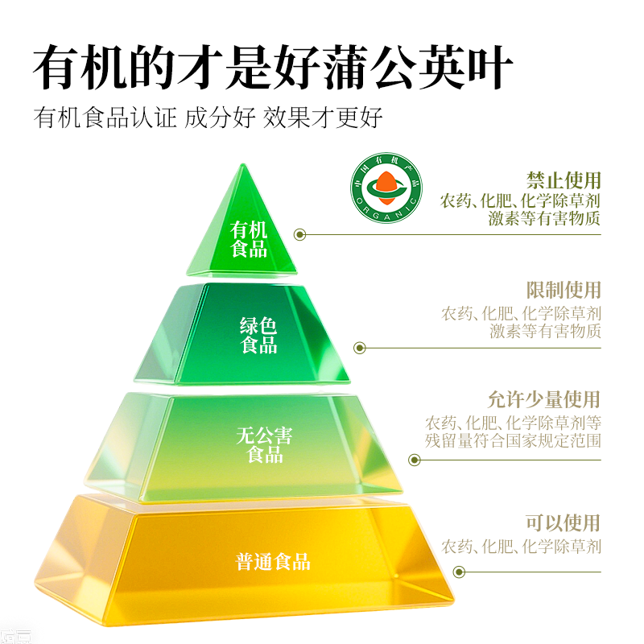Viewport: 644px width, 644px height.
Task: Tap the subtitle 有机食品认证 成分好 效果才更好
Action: coord(208,118)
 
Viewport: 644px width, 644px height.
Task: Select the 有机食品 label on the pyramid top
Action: coord(249,239)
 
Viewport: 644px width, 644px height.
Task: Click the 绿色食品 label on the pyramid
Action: coord(258,336)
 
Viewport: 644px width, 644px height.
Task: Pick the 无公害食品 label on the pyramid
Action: coord(263,446)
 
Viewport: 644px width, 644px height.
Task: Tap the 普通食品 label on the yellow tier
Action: coord(273,562)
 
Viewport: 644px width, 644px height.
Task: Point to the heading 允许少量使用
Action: coord(544,399)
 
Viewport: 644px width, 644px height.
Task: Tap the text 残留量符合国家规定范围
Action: coord(514,441)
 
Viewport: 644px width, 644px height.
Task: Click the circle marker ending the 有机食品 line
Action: coord(300,235)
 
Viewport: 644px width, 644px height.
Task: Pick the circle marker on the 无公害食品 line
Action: coord(415,460)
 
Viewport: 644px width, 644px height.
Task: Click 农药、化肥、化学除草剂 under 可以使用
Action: coord(521,547)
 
